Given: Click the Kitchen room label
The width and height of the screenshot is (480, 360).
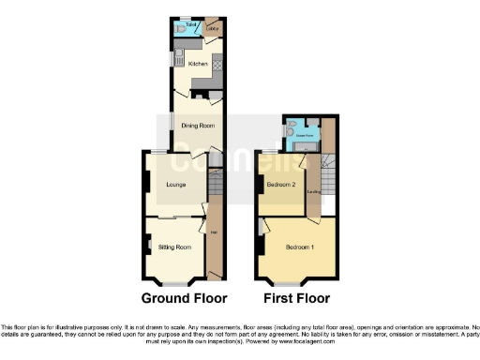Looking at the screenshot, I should (x=198, y=64).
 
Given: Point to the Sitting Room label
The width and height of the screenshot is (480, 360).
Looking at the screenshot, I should (x=174, y=247).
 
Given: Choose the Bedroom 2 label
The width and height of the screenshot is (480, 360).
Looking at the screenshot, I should (x=281, y=185).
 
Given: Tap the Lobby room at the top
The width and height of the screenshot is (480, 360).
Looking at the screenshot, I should (x=213, y=29).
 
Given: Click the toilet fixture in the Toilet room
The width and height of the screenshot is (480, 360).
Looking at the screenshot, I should (x=180, y=30).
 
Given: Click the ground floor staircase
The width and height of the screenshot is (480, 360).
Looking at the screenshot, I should (x=215, y=191).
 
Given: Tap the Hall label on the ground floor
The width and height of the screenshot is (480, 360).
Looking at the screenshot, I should (x=215, y=233).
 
